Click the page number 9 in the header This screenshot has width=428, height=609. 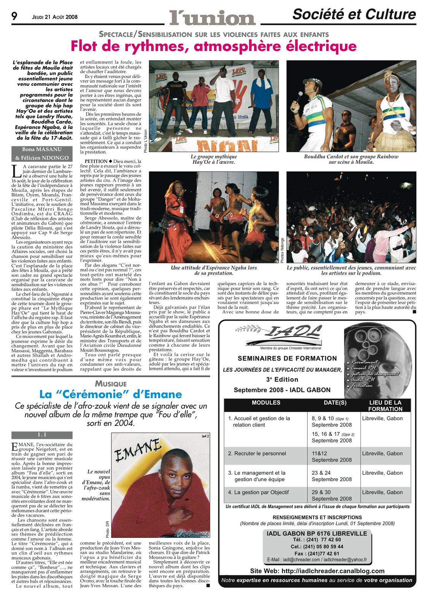coord(14,16)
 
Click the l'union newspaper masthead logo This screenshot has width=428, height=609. coord(212,18)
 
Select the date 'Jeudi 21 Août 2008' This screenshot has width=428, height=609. coord(55,17)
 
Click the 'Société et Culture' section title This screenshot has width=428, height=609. coord(354,14)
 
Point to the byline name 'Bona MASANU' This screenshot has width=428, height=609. coord(42,150)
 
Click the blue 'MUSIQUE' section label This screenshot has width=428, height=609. coord(111,384)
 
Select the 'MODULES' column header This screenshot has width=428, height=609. coord(266,403)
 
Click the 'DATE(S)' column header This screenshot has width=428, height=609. coord(335,403)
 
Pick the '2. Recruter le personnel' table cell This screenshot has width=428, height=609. coord(257,453)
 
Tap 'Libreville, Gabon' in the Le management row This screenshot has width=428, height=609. coord(382,473)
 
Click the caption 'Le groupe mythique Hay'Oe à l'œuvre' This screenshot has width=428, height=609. coord(213,159)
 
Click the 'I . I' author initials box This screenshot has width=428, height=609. coord(42,435)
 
